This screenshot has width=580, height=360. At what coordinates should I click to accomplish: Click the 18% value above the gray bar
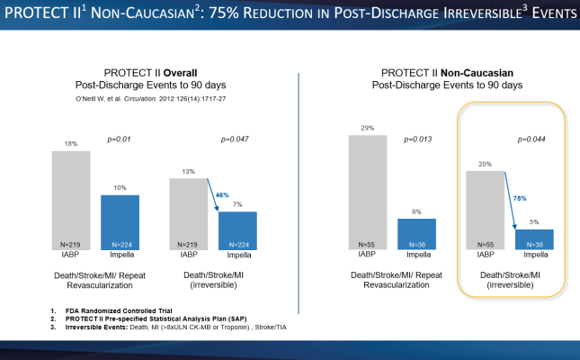70,144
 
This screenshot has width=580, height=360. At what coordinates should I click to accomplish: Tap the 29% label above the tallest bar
369,129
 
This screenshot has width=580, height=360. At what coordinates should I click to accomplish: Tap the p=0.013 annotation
415,139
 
